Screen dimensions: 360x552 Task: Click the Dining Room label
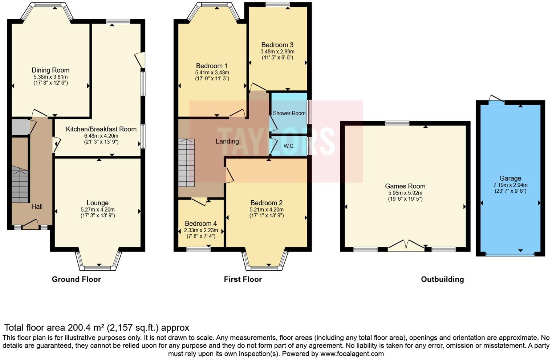pyautogui.click(x=50, y=70)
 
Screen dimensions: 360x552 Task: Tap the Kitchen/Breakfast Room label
pyautogui.click(x=101, y=129)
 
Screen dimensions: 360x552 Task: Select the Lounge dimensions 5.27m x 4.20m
pyautogui.click(x=97, y=209)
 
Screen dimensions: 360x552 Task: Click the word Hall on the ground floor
pyautogui.click(x=37, y=206)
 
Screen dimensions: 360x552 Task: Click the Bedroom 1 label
pyautogui.click(x=212, y=66)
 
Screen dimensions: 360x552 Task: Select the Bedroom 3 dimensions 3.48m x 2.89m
pyautogui.click(x=277, y=52)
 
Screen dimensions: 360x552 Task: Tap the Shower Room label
pyautogui.click(x=289, y=113)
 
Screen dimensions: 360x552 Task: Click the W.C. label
pyautogui.click(x=289, y=146)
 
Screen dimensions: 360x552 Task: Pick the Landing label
pyautogui.click(x=227, y=141)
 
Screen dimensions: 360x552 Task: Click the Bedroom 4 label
pyautogui.click(x=200, y=224)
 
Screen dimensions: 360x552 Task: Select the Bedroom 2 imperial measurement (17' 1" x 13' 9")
pyautogui.click(x=266, y=216)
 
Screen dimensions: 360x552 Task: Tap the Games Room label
pyautogui.click(x=405, y=186)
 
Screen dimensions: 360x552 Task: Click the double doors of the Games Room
pyautogui.click(x=406, y=246)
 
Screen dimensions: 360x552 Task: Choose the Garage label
pyautogui.click(x=510, y=178)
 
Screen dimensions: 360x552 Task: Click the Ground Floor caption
pyautogui.click(x=76, y=279)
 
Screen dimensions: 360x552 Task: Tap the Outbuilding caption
pyautogui.click(x=442, y=279)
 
